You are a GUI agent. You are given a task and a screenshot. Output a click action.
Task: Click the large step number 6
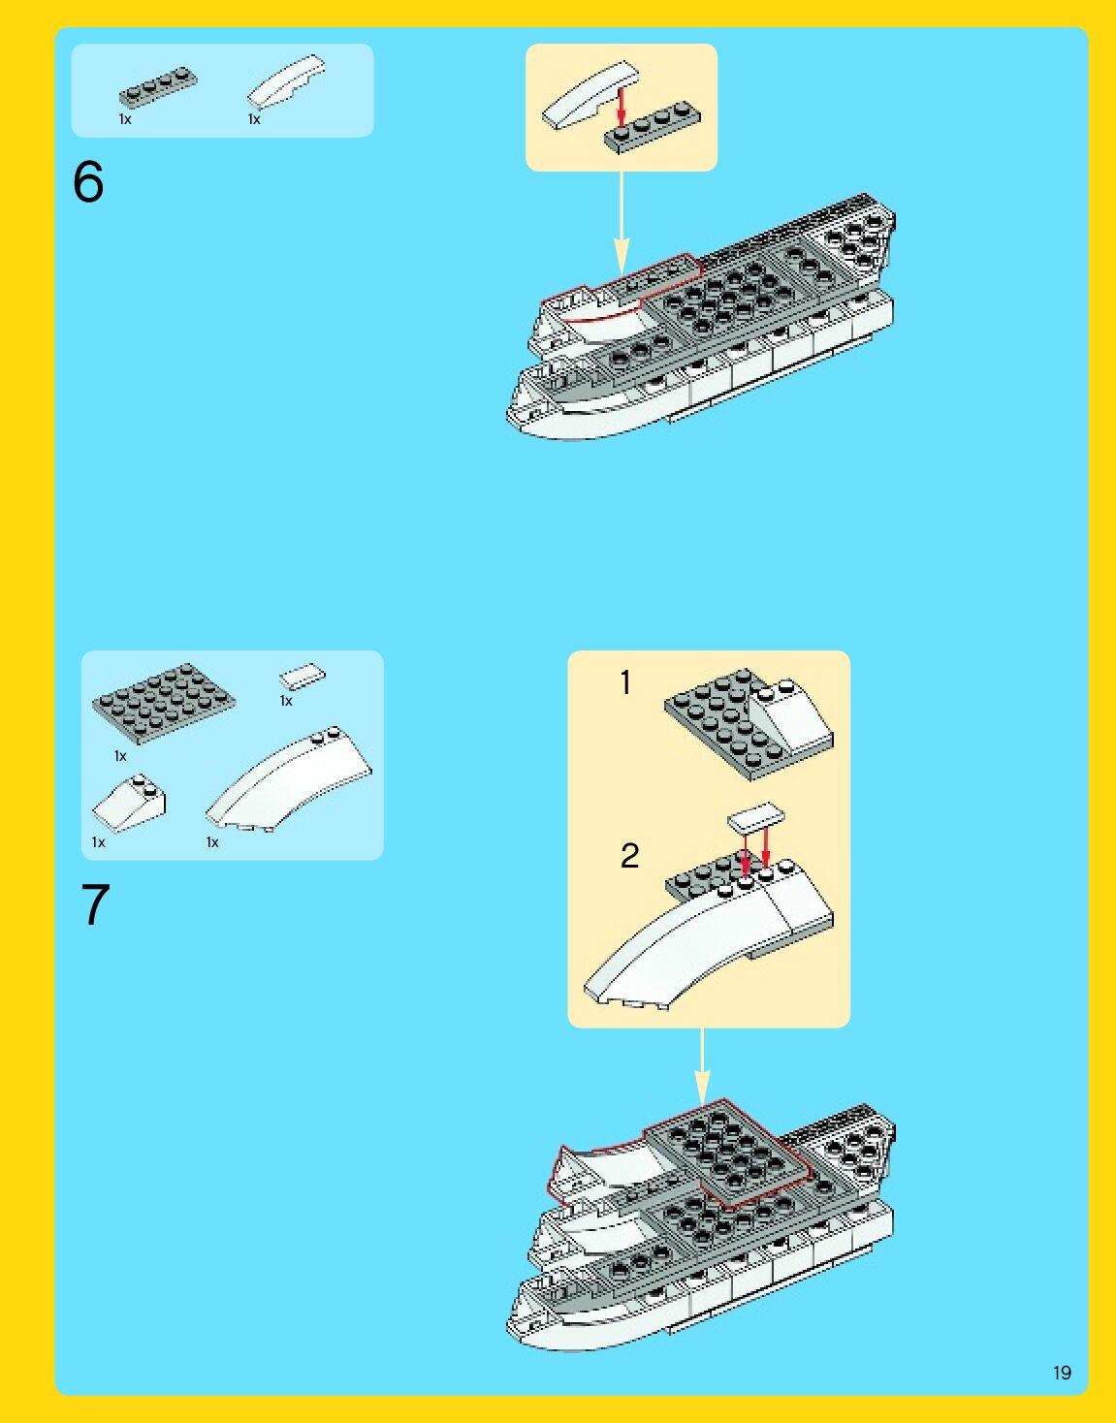point(88,181)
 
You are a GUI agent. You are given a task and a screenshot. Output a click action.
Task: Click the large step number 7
point(96,904)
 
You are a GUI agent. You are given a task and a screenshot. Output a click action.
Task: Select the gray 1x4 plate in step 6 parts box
point(157,85)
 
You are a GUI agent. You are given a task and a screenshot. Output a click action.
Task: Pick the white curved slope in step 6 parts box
point(286,81)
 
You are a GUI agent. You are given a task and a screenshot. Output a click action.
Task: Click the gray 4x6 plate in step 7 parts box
point(164,704)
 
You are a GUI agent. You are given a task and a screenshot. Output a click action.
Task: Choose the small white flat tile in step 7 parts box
point(302,677)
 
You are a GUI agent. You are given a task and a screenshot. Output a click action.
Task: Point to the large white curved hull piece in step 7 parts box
point(288,779)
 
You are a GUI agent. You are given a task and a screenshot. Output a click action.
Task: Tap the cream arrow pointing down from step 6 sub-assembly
point(622,223)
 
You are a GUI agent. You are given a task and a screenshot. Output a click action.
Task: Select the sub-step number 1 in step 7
point(625,682)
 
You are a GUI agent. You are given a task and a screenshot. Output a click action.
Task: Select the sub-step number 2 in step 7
point(629,856)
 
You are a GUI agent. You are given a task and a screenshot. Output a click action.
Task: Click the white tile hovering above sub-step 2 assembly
point(755,817)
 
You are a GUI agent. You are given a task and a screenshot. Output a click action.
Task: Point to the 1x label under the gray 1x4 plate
point(125,119)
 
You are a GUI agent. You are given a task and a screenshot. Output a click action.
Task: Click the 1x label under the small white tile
point(286,701)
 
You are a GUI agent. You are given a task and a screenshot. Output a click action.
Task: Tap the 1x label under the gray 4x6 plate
point(120,756)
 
